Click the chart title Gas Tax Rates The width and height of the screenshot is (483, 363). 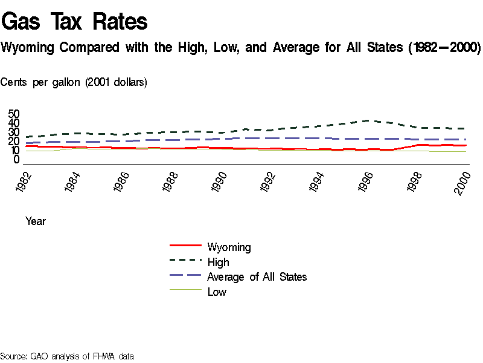(x=75, y=22)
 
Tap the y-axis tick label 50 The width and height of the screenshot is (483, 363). (x=14, y=114)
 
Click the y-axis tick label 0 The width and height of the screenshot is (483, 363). (x=17, y=160)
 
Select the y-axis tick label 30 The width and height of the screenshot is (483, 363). (x=14, y=132)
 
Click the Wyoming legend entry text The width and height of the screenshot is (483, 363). (x=229, y=247)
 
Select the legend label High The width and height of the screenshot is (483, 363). (x=218, y=262)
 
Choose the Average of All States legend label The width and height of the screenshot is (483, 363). (x=257, y=277)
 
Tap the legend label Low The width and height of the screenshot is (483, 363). (x=217, y=292)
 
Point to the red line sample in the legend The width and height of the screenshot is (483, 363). (x=185, y=245)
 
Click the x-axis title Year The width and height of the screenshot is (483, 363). (x=35, y=221)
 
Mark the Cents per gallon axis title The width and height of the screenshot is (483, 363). (x=74, y=82)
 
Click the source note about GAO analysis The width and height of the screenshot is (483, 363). (x=67, y=356)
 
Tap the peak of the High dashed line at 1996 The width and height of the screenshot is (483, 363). (x=370, y=120)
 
